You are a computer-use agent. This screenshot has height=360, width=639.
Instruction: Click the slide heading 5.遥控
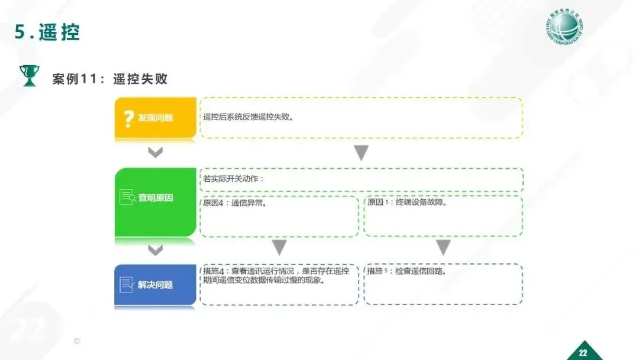(x=47, y=32)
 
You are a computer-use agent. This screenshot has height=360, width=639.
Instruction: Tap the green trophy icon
(x=28, y=75)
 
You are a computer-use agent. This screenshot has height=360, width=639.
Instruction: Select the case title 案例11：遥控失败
(x=110, y=79)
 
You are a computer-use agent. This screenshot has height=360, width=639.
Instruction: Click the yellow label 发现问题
(x=156, y=118)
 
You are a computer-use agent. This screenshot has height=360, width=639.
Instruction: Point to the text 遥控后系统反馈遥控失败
(x=248, y=117)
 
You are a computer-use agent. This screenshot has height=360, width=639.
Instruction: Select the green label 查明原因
(x=156, y=198)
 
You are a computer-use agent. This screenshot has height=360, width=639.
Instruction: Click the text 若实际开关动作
(x=233, y=179)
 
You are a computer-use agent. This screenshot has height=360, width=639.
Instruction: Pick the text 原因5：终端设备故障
(x=406, y=202)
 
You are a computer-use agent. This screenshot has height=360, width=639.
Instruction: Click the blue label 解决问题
(x=156, y=285)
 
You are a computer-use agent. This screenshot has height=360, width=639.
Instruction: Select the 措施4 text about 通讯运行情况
(x=276, y=276)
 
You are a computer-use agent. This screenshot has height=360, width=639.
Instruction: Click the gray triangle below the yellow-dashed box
(x=362, y=153)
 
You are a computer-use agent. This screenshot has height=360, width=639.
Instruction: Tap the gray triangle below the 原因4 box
(x=279, y=247)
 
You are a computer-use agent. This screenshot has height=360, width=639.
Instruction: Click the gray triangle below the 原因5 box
(x=443, y=247)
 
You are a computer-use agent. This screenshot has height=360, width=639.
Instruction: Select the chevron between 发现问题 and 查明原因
(x=155, y=153)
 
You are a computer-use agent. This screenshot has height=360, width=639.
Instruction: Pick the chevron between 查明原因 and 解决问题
(x=155, y=250)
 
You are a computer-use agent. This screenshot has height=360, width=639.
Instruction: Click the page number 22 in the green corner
(x=583, y=353)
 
